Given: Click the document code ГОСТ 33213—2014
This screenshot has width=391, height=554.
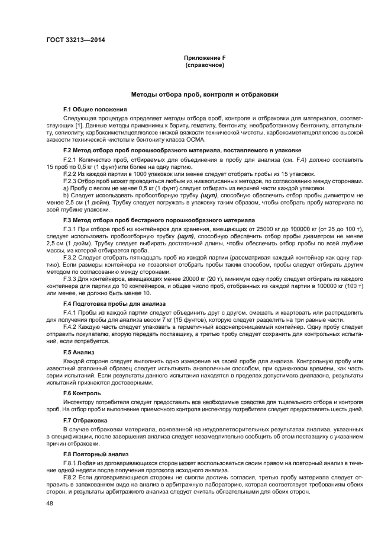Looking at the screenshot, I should pyautogui.click(x=72, y=41).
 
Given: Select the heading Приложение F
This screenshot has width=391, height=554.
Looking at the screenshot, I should pyautogui.click(x=205, y=57).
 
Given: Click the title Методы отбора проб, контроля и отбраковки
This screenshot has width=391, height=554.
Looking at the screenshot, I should pyautogui.click(x=205, y=95).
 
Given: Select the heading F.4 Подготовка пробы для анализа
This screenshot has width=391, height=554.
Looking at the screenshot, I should pyautogui.click(x=115, y=304).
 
